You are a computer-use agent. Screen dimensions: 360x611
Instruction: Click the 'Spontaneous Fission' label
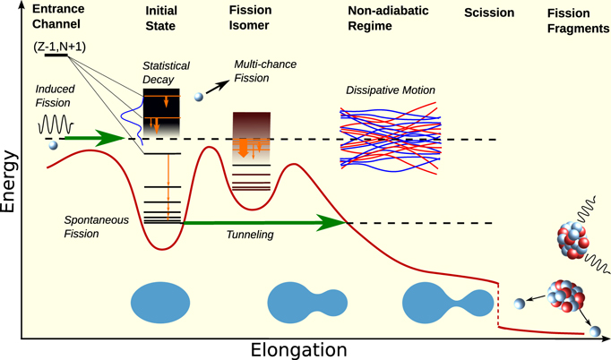click(x=93, y=226)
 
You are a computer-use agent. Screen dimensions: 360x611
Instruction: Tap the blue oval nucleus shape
click(x=160, y=302)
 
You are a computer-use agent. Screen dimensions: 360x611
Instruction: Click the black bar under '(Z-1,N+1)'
click(x=56, y=56)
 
